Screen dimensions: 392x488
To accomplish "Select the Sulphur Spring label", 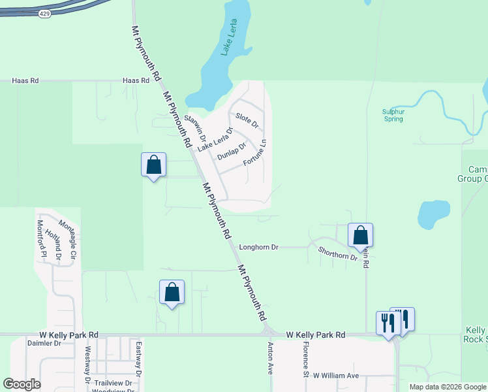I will (393, 116).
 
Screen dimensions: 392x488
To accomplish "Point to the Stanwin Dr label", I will (195, 129).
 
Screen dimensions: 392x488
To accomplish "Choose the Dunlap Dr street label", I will (231, 151).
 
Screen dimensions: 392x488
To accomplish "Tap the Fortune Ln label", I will (254, 152).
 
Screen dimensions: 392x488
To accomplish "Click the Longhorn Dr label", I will (259, 248).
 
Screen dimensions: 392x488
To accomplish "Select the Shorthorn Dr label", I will (338, 253).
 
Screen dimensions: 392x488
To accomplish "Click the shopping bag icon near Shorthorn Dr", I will (360, 235).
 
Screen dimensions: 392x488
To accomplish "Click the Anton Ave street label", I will (269, 359).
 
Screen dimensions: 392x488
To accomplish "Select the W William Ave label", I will (336, 376).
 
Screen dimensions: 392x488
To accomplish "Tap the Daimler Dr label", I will (44, 342).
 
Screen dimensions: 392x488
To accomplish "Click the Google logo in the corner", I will (22, 384).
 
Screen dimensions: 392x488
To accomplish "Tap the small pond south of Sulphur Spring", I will (433, 215).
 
